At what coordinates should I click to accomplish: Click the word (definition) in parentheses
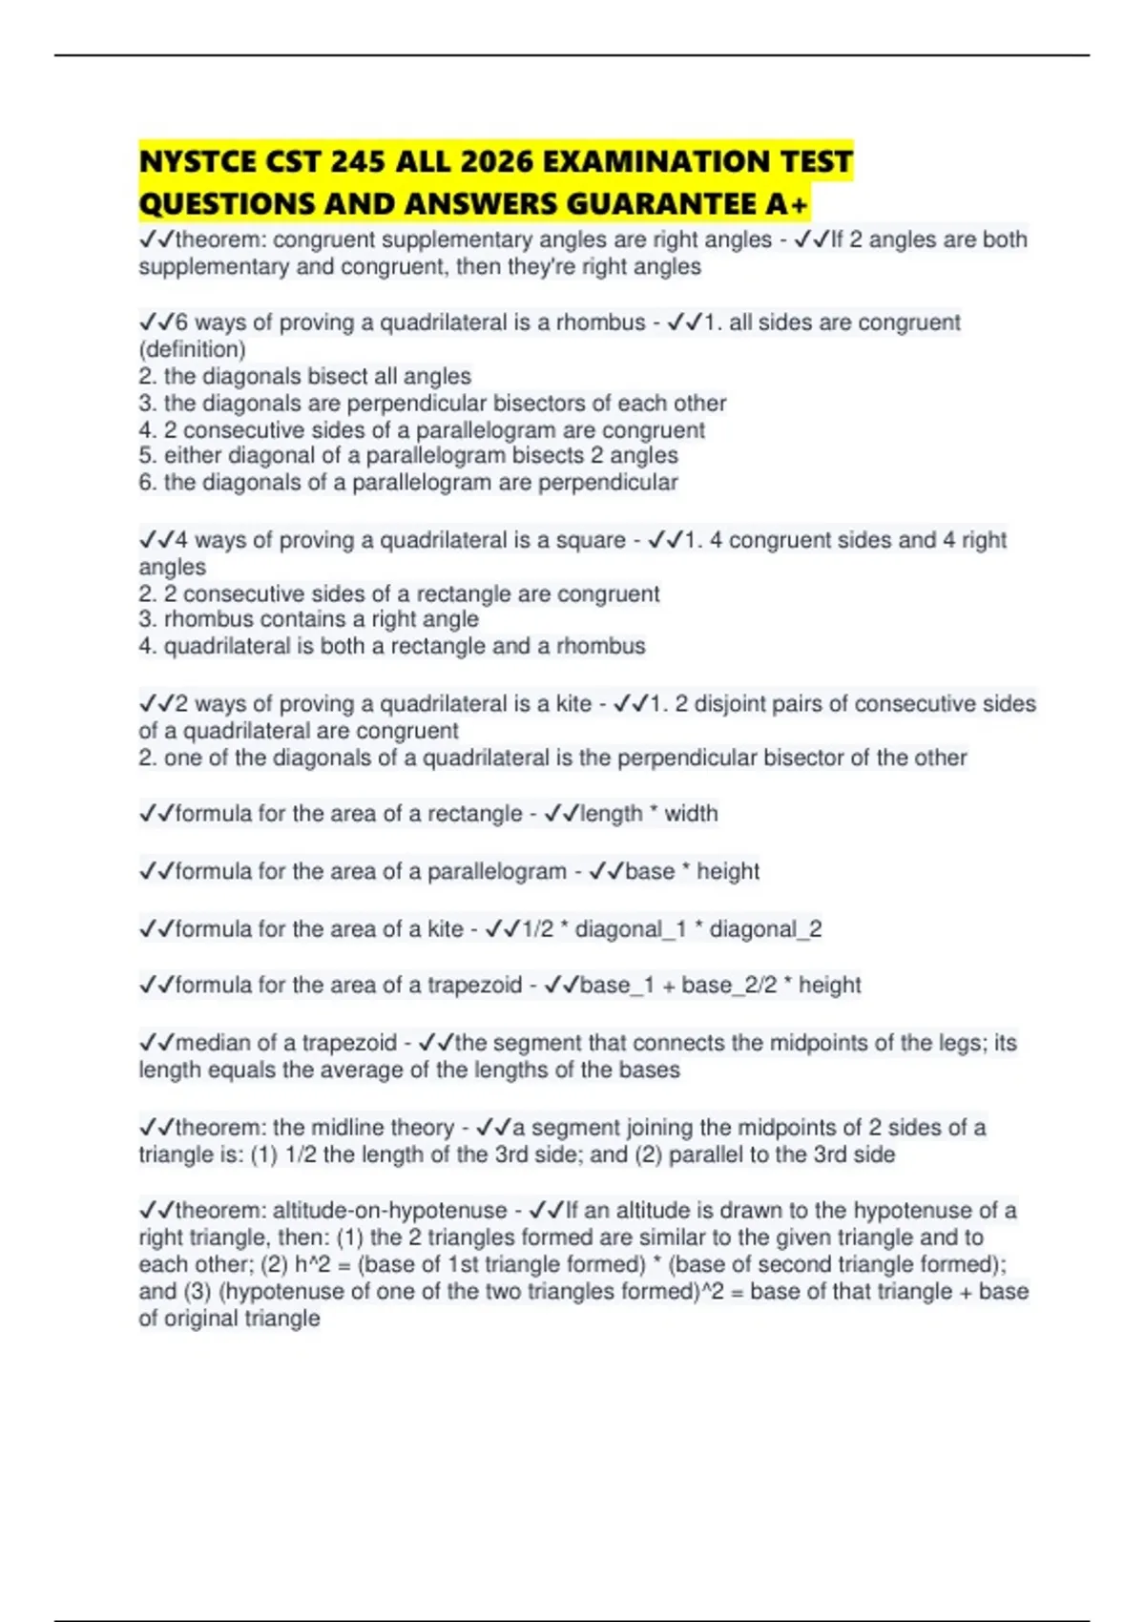192,349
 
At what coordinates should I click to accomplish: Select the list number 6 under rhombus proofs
146,483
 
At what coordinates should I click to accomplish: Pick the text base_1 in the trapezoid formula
616,985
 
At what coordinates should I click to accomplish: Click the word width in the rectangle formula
691,814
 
